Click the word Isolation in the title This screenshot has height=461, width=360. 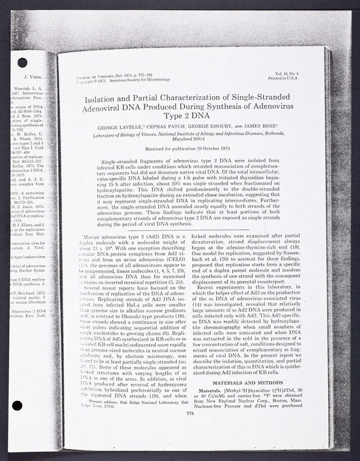tap(95, 100)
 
